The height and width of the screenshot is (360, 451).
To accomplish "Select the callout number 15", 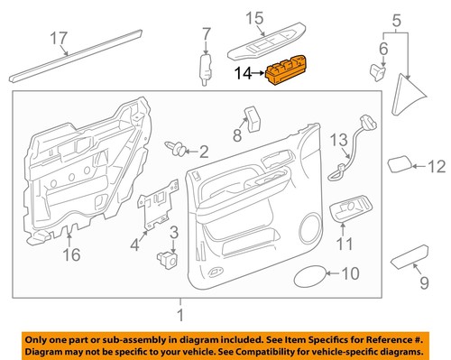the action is coord(255,17).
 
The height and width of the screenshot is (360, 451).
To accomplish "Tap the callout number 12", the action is coord(436,166).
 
